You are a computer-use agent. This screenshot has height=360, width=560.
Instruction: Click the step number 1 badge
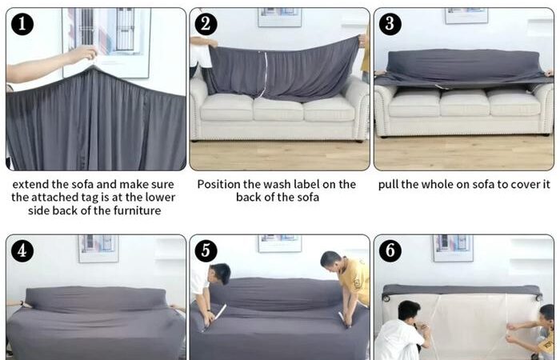(x=22, y=24)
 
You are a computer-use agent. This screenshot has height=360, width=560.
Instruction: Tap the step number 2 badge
(x=206, y=24)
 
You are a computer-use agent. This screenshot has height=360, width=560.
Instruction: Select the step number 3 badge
(x=390, y=24)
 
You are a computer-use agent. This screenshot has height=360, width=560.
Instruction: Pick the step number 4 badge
(x=22, y=250)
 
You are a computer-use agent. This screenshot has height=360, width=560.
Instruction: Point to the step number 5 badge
(x=206, y=250)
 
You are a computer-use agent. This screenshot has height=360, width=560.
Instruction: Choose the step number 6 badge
(x=390, y=250)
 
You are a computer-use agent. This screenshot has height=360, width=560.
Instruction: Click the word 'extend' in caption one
(x=30, y=184)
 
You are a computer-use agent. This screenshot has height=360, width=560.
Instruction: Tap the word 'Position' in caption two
(x=218, y=184)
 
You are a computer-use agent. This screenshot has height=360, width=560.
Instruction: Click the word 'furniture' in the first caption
(x=137, y=210)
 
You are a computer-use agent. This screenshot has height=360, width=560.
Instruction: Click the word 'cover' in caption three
(x=526, y=185)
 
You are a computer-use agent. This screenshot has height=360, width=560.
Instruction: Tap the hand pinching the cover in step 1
(x=84, y=54)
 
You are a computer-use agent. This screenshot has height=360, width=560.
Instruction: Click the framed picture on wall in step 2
(x=280, y=18)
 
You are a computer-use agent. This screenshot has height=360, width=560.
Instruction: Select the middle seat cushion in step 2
(x=278, y=109)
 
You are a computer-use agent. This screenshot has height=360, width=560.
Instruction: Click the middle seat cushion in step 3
(x=464, y=103)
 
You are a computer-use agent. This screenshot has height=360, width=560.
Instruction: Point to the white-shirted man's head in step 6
(x=410, y=310)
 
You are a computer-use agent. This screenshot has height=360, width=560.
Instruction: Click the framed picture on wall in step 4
(x=98, y=249)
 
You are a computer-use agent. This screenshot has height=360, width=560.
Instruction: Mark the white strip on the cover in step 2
(x=263, y=75)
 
